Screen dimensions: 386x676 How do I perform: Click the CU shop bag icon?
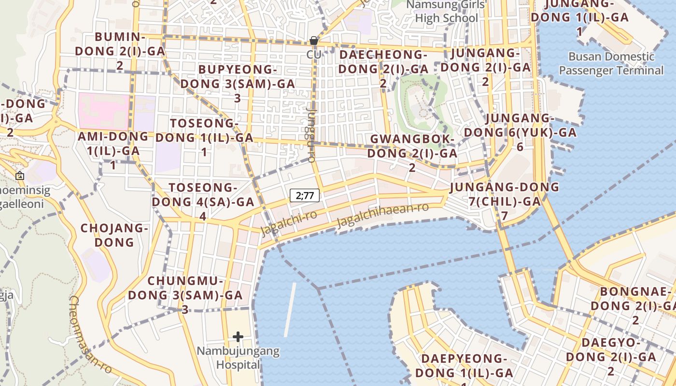(314, 41)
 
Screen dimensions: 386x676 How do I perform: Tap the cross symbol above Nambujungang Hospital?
(238, 336)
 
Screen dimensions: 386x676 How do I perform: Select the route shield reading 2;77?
(305, 195)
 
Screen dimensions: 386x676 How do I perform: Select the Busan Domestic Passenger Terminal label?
(611, 63)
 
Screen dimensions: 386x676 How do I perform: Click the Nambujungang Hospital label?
(238, 358)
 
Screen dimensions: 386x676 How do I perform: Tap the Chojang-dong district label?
(114, 235)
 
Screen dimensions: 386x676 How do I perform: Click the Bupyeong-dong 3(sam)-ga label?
(238, 83)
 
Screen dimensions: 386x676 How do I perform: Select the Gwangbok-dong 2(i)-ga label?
(412, 152)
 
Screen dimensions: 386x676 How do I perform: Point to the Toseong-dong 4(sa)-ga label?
(203, 201)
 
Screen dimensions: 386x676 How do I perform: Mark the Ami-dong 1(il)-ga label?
(113, 150)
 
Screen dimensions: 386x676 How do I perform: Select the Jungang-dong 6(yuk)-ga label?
(520, 132)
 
